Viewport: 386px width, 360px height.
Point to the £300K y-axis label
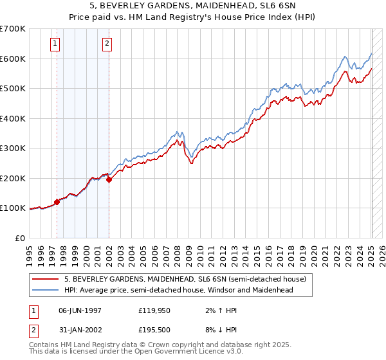[14, 148]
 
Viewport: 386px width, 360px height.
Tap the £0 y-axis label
[21, 238]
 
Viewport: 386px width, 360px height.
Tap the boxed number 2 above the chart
[106, 44]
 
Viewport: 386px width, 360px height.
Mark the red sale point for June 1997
[57, 202]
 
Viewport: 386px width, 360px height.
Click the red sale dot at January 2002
[109, 180]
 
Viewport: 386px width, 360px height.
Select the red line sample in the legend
[46, 280]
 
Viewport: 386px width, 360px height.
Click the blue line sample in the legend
[46, 290]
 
